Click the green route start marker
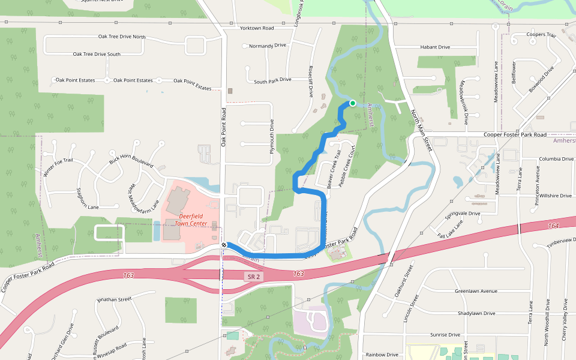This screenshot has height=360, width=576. point(353,103)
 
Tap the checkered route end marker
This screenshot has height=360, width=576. point(224,245)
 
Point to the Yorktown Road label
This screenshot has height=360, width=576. point(256,28)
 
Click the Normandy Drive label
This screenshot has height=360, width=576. point(268,46)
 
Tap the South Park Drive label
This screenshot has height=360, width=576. point(272,80)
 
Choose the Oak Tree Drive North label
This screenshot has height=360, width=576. point(109,37)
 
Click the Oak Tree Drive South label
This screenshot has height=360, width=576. point(97,54)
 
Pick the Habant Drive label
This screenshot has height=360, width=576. point(435,47)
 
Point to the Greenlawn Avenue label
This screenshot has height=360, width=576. point(476,291)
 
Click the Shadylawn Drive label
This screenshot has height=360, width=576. point(476,313)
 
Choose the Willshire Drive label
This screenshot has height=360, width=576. point(556,196)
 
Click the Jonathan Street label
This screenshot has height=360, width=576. point(113,299)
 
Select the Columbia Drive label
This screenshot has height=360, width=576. point(556,159)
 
